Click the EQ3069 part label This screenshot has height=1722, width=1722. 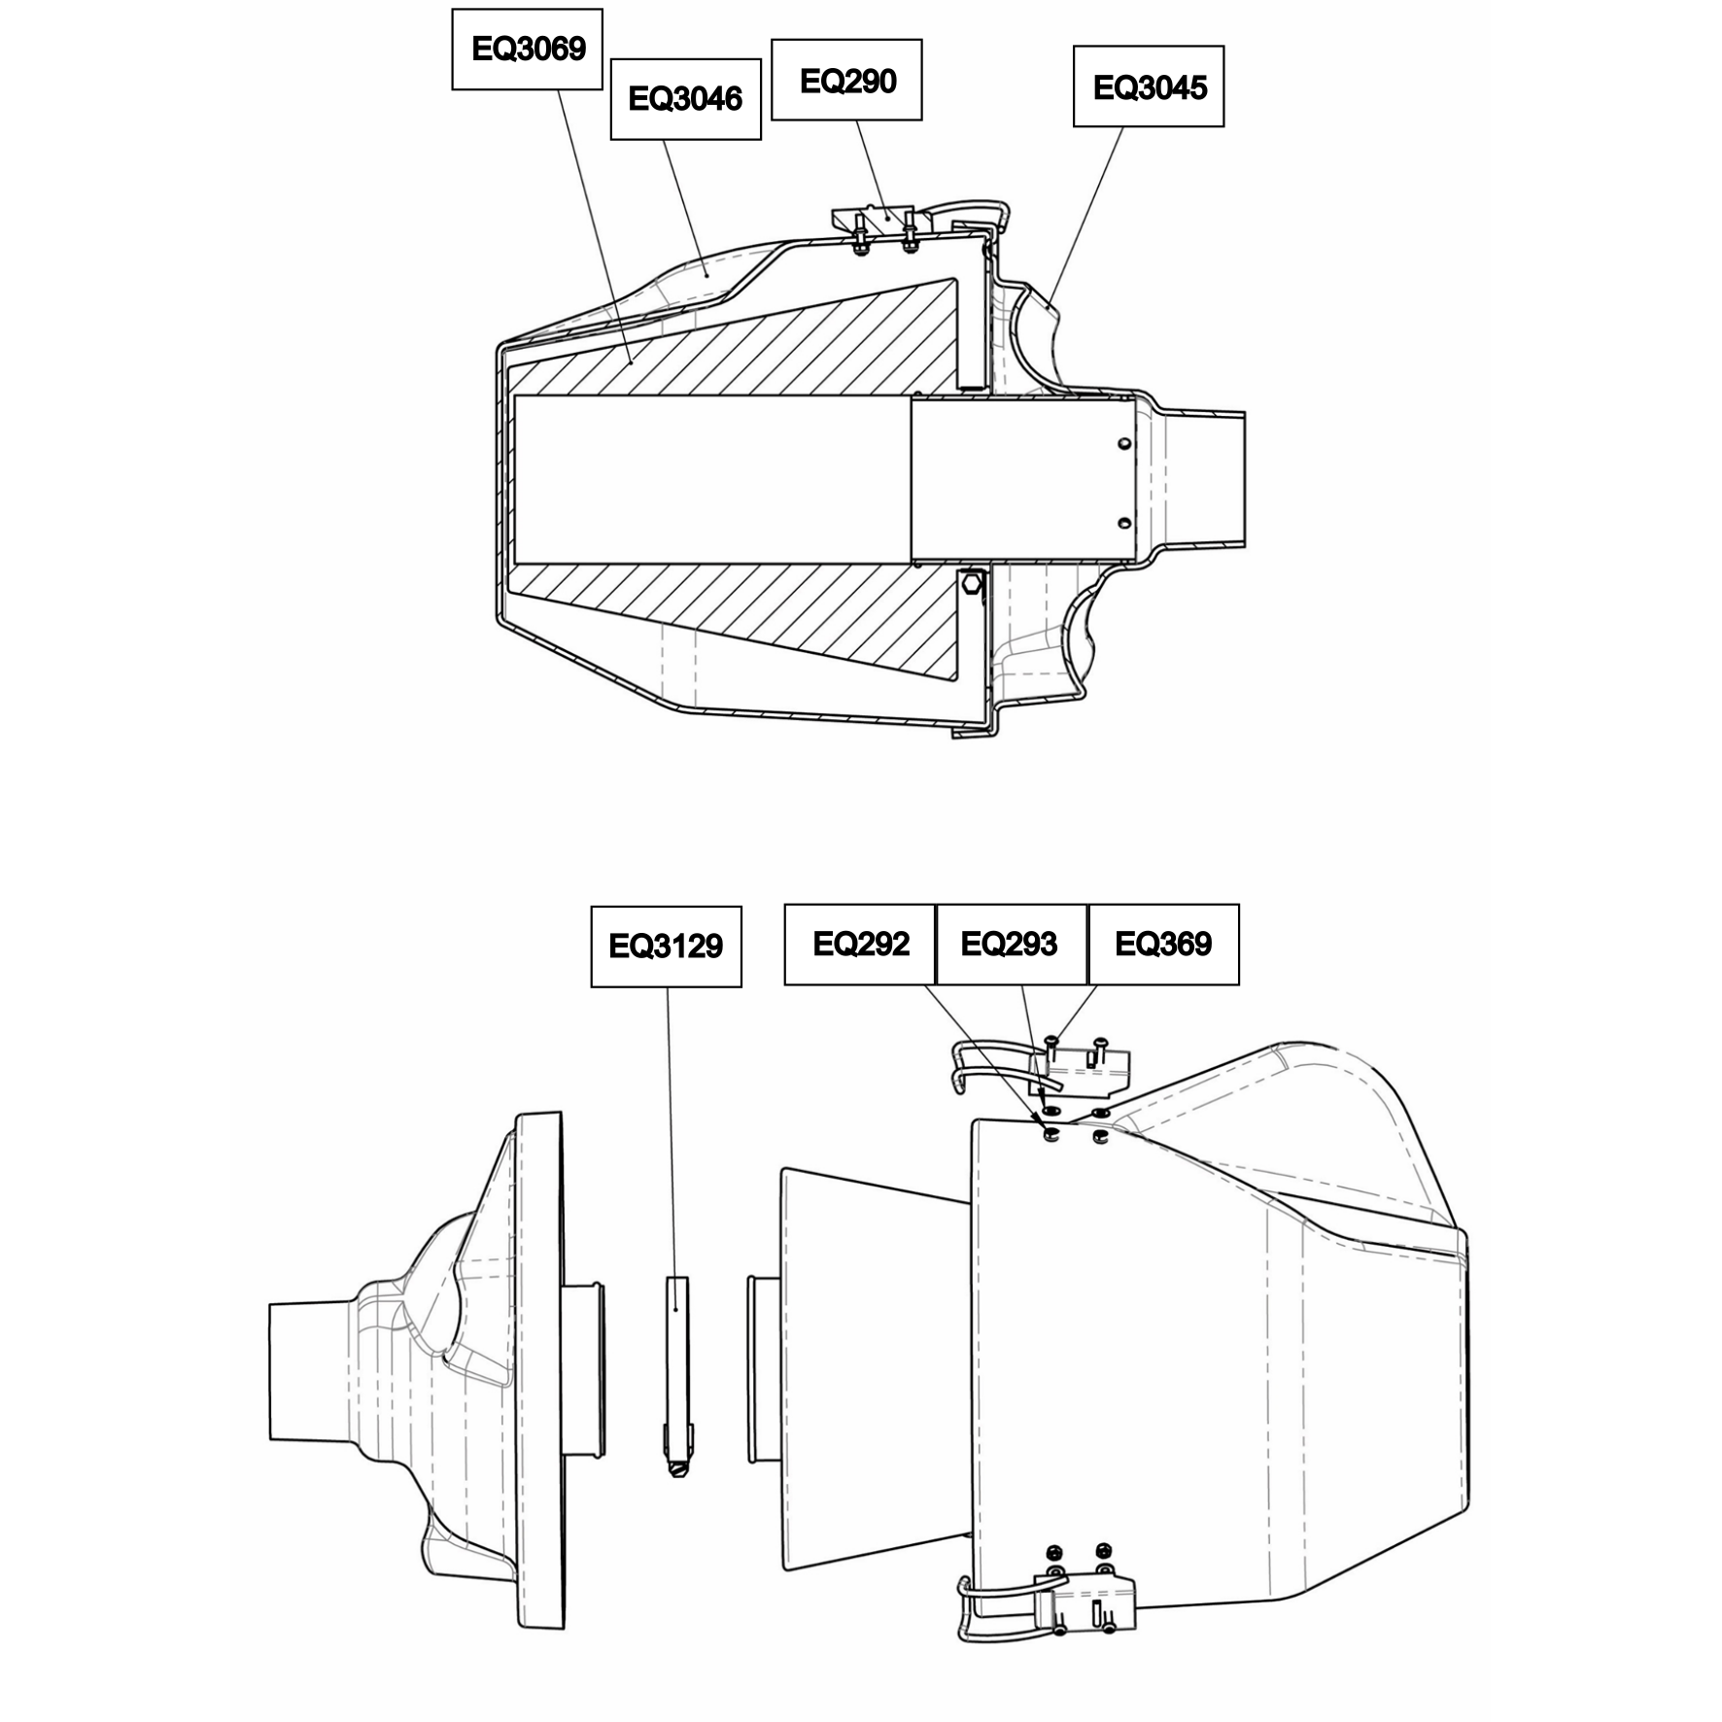point(527,50)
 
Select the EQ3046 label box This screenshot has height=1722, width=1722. point(685,98)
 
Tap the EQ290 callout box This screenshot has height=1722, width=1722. point(846,81)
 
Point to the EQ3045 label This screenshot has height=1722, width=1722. point(1149,86)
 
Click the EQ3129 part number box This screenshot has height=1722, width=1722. point(666,947)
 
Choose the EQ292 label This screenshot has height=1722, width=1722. point(860,945)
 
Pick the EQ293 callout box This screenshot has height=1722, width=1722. point(1011,945)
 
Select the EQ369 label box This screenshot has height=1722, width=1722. point(1163,945)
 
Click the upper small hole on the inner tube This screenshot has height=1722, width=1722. point(1124,444)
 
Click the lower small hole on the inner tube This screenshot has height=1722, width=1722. point(1124,524)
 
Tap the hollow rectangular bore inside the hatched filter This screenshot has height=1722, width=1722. point(712,479)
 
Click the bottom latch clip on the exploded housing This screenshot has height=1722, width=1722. point(1045,1594)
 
